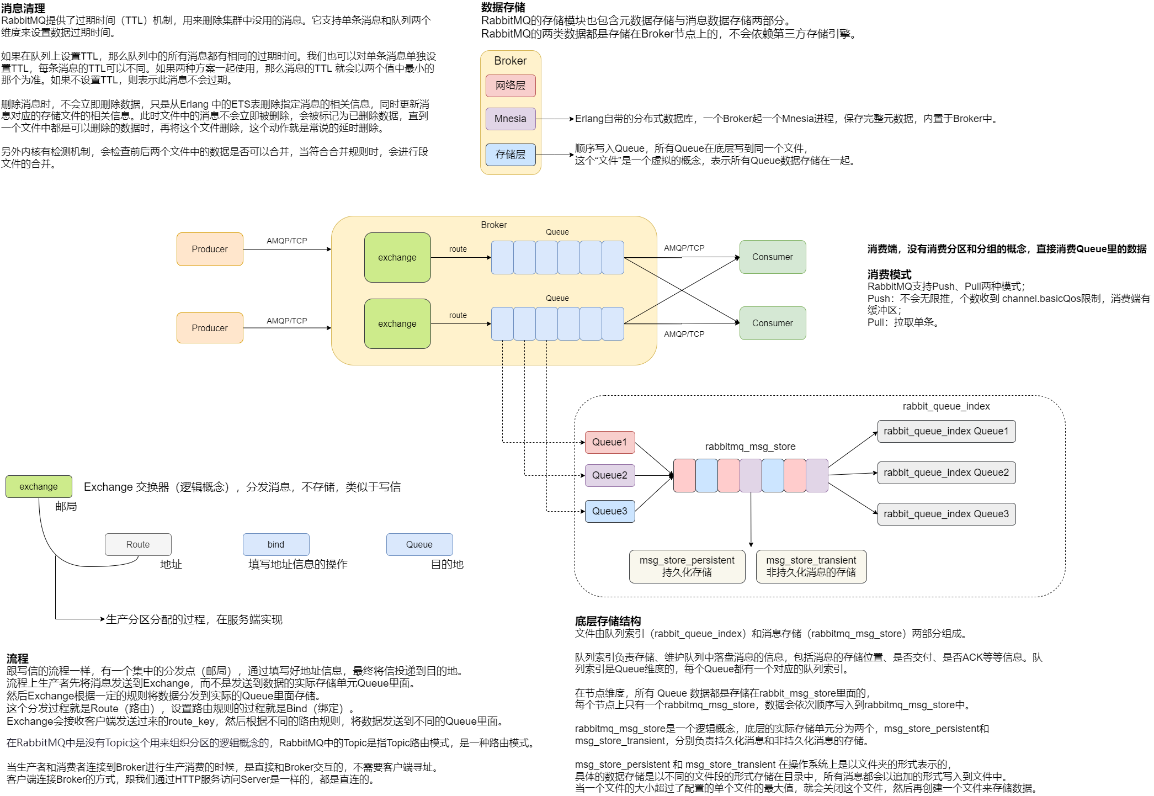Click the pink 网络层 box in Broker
click(x=510, y=86)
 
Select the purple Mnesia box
click(x=510, y=119)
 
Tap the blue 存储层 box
click(x=510, y=155)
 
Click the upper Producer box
click(x=210, y=249)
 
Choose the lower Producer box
click(x=210, y=328)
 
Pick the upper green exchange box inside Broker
click(x=397, y=257)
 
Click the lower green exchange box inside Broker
click(x=397, y=323)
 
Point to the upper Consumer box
click(x=773, y=257)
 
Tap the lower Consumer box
click(x=773, y=323)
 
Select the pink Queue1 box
click(x=610, y=442)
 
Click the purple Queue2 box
click(x=610, y=475)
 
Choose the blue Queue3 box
click(x=610, y=511)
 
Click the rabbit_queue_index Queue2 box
click(x=946, y=473)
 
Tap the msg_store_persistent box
click(x=687, y=566)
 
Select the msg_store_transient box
click(x=811, y=566)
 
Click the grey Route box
click(x=138, y=544)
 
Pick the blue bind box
click(x=276, y=544)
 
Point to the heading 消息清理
click(x=23, y=8)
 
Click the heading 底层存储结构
click(x=608, y=621)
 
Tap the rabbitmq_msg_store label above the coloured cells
click(x=750, y=447)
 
